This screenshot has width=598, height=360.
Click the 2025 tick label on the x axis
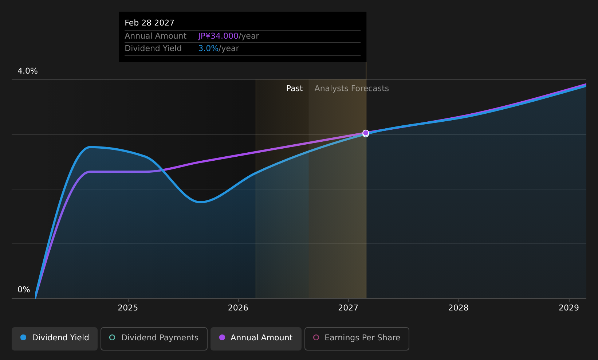click(128, 308)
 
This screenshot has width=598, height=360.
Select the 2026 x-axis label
click(238, 308)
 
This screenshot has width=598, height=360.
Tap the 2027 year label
click(349, 308)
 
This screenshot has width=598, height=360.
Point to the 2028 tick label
click(459, 308)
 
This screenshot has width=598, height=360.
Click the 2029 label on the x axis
click(569, 308)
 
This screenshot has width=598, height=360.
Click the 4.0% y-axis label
click(28, 71)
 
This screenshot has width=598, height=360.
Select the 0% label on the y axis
click(24, 290)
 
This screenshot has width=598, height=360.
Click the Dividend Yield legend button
click(55, 339)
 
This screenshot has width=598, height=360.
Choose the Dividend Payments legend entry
click(154, 339)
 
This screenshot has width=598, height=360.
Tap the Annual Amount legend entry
click(256, 339)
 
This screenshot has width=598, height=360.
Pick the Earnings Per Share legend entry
click(357, 339)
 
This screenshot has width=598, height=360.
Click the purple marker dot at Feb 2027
click(366, 133)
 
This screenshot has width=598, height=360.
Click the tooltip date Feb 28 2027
click(149, 23)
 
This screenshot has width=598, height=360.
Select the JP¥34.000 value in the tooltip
click(218, 36)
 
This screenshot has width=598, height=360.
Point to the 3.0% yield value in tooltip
click(208, 48)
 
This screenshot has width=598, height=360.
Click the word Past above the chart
click(295, 89)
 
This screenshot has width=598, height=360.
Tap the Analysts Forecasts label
click(351, 89)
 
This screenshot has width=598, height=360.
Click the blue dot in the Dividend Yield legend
click(24, 337)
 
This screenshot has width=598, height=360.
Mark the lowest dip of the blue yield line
click(200, 202)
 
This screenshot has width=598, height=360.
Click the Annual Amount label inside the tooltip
click(156, 36)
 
